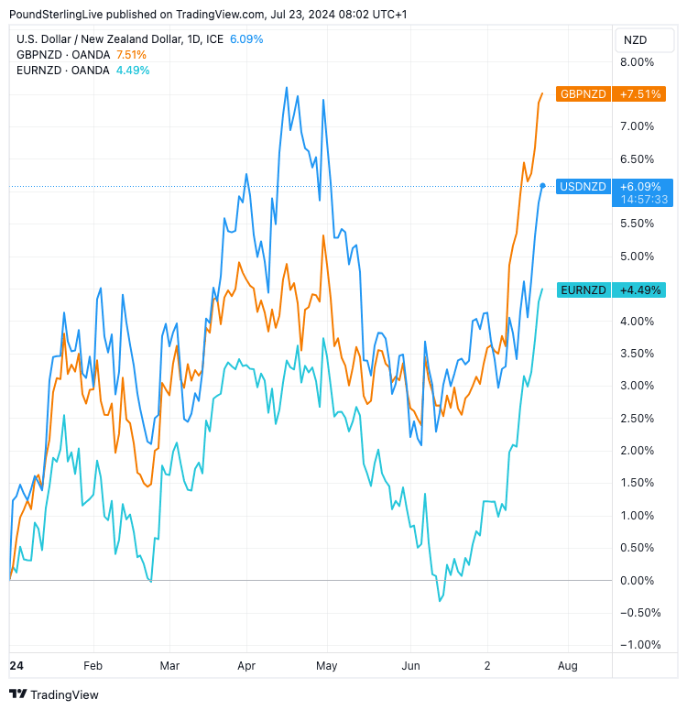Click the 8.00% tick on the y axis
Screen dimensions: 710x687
coord(638,62)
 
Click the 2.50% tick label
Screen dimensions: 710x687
coord(638,418)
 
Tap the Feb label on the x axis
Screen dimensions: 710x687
coord(93,665)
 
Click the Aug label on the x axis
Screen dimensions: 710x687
coord(567,665)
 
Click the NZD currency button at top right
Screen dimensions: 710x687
coord(635,39)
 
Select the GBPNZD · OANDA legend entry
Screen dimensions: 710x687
coord(62,54)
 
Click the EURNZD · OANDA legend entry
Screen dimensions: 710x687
coord(62,70)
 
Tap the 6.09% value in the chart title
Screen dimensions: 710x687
coord(245,38)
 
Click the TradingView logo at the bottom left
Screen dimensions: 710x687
coord(54,694)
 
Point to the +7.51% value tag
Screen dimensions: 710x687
coord(640,93)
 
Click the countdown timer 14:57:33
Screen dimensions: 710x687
coord(643,199)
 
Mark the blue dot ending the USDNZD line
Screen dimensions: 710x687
coord(543,186)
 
